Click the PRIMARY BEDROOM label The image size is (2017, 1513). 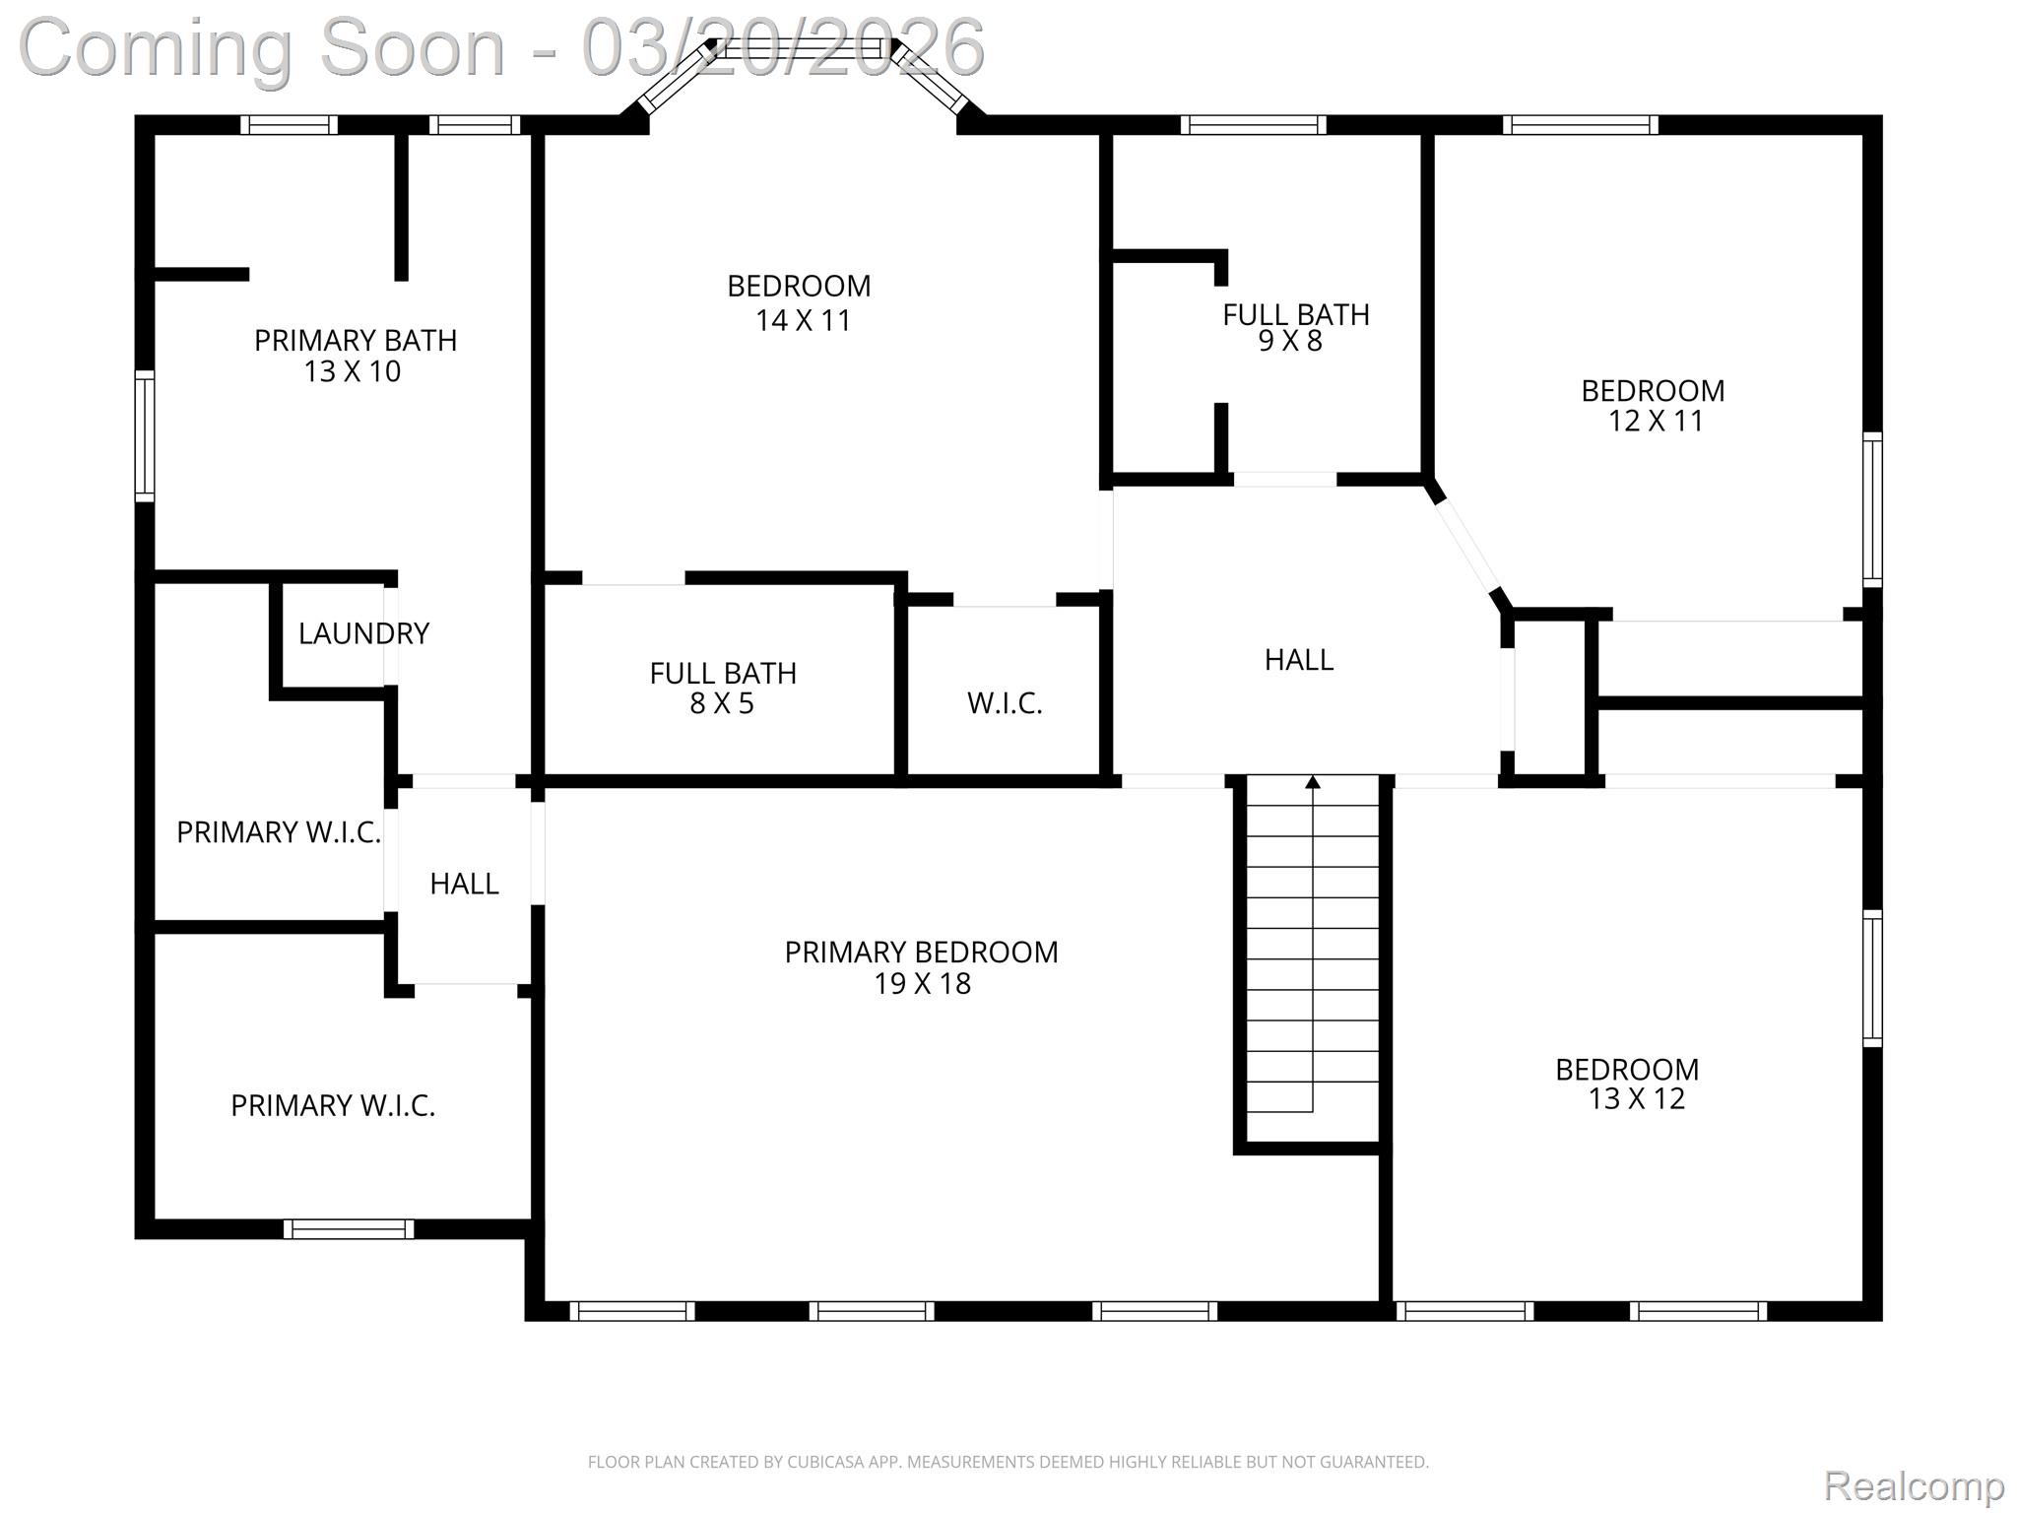[x=921, y=952]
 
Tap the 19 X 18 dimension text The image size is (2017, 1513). [x=922, y=983]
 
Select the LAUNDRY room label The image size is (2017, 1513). [x=363, y=633]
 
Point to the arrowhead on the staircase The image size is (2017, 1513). [x=1312, y=782]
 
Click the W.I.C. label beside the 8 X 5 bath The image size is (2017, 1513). [x=1005, y=702]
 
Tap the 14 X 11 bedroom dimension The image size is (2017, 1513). [x=803, y=320]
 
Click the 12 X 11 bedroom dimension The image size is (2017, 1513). [x=1656, y=421]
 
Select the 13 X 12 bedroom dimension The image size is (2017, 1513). [x=1636, y=1098]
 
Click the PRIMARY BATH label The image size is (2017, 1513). [x=356, y=340]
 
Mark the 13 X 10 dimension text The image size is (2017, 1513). [x=353, y=371]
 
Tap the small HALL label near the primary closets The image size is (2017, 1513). [x=464, y=884]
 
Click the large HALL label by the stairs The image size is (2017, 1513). [x=1299, y=659]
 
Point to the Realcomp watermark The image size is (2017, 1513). [x=1914, y=1484]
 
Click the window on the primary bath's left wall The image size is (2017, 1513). [x=145, y=435]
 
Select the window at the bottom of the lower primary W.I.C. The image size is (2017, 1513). [x=349, y=1228]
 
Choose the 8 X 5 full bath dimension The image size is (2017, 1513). [x=722, y=703]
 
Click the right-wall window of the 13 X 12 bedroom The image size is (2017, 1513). [x=1872, y=977]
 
